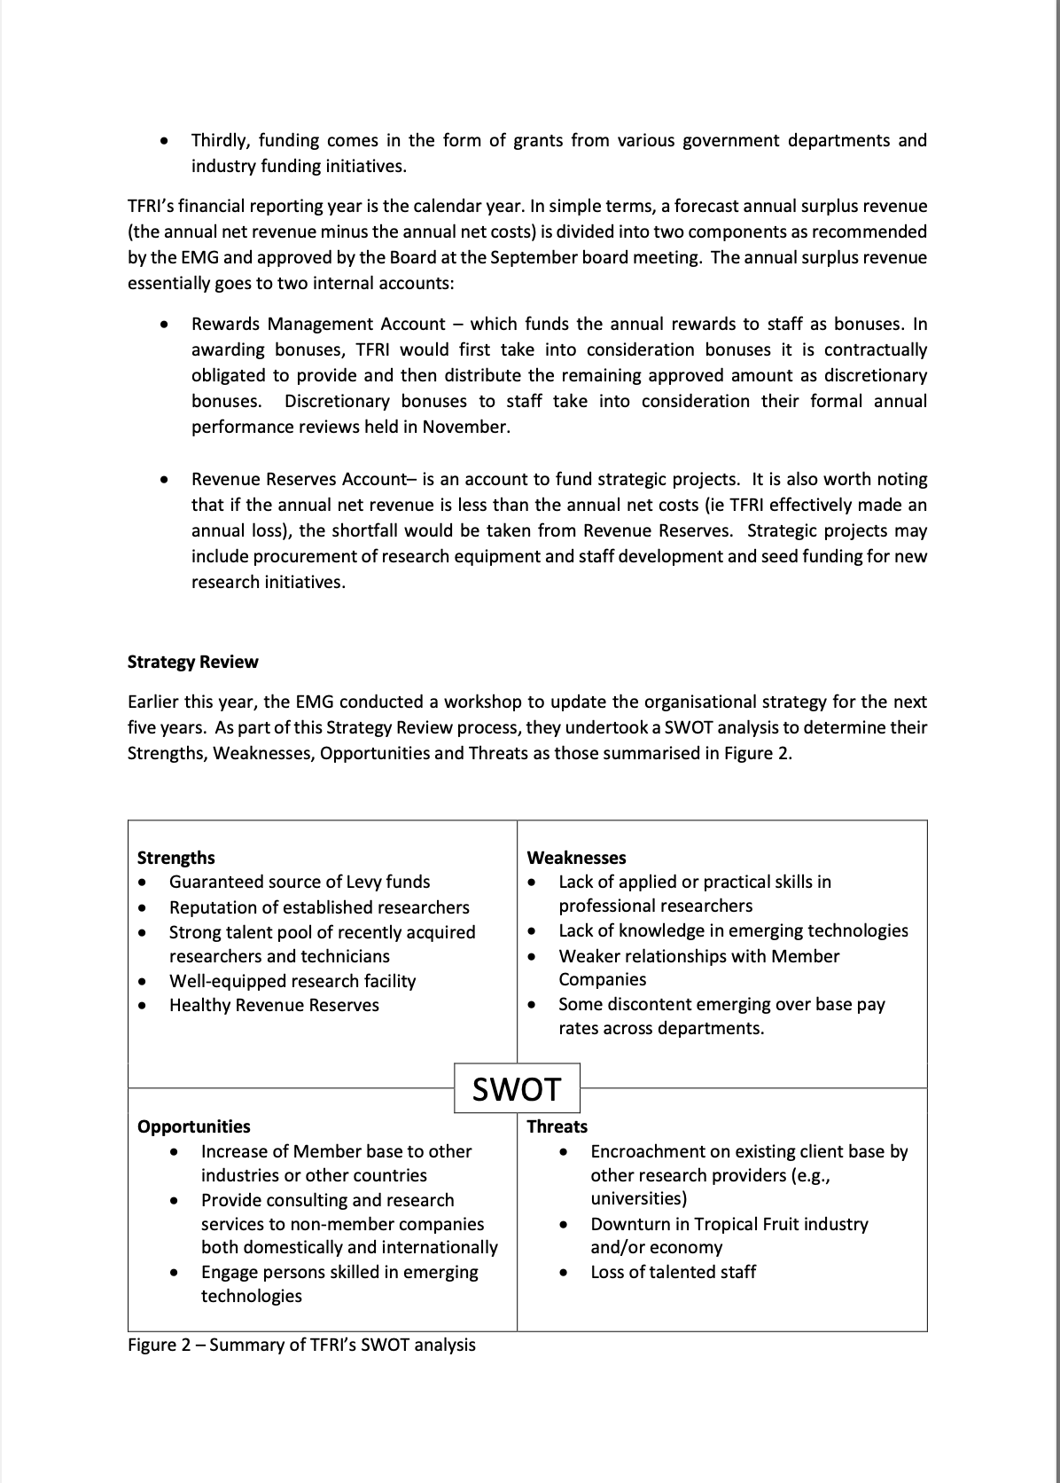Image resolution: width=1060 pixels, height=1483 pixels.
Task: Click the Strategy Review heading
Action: click(x=192, y=662)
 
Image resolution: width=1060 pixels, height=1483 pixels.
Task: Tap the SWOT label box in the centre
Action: click(x=517, y=1088)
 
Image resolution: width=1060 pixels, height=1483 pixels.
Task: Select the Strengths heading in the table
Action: click(x=175, y=858)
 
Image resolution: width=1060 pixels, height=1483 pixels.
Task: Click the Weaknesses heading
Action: click(x=576, y=858)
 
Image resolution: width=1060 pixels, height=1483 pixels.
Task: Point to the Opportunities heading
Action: click(x=193, y=1126)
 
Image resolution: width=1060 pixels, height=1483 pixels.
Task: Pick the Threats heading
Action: click(x=557, y=1126)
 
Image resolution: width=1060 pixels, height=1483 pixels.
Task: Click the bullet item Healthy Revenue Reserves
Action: click(x=274, y=1005)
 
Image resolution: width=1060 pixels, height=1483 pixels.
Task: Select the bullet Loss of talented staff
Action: click(x=673, y=1272)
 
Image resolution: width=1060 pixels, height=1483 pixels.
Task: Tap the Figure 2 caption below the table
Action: click(x=301, y=1345)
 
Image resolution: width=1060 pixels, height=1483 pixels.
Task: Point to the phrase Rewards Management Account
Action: click(x=318, y=324)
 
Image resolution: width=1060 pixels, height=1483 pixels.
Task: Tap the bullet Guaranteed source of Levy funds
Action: click(x=300, y=882)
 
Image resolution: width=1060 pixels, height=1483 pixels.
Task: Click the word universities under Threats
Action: click(x=638, y=1199)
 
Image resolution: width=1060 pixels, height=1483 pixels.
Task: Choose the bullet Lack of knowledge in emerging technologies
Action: click(x=733, y=930)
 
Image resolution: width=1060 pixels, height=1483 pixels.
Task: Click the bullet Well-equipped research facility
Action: click(x=292, y=981)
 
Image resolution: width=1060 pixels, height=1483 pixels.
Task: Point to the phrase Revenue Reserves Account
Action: click(x=298, y=479)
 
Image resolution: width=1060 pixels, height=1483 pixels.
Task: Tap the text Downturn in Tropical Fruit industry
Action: click(x=729, y=1224)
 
